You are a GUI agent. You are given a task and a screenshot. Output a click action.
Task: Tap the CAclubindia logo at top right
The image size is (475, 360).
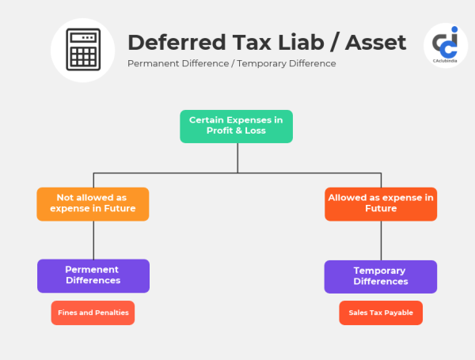point(446,46)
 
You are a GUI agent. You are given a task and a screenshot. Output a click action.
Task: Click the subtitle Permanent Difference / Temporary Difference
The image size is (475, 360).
point(231,63)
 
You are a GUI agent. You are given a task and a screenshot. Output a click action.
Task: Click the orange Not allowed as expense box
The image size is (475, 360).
point(93,203)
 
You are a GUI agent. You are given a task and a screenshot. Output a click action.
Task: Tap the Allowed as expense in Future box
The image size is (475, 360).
point(381,203)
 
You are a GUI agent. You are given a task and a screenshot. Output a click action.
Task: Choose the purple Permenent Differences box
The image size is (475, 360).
point(93,275)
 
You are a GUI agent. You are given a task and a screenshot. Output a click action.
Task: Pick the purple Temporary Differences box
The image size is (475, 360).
point(380,276)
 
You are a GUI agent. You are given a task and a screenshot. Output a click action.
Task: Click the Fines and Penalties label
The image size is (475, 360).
point(93,313)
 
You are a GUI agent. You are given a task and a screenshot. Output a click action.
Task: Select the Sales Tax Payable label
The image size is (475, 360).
point(381,313)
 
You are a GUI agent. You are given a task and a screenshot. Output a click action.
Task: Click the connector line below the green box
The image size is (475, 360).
point(237,157)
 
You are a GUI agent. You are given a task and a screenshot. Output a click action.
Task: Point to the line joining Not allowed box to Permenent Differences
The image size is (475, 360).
point(93,240)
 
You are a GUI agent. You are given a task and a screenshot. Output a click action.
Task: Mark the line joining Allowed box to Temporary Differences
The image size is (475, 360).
point(381,241)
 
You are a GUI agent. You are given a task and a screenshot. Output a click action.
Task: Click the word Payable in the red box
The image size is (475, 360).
point(399,313)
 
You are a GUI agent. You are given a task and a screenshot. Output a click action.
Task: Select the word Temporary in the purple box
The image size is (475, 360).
point(380,271)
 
